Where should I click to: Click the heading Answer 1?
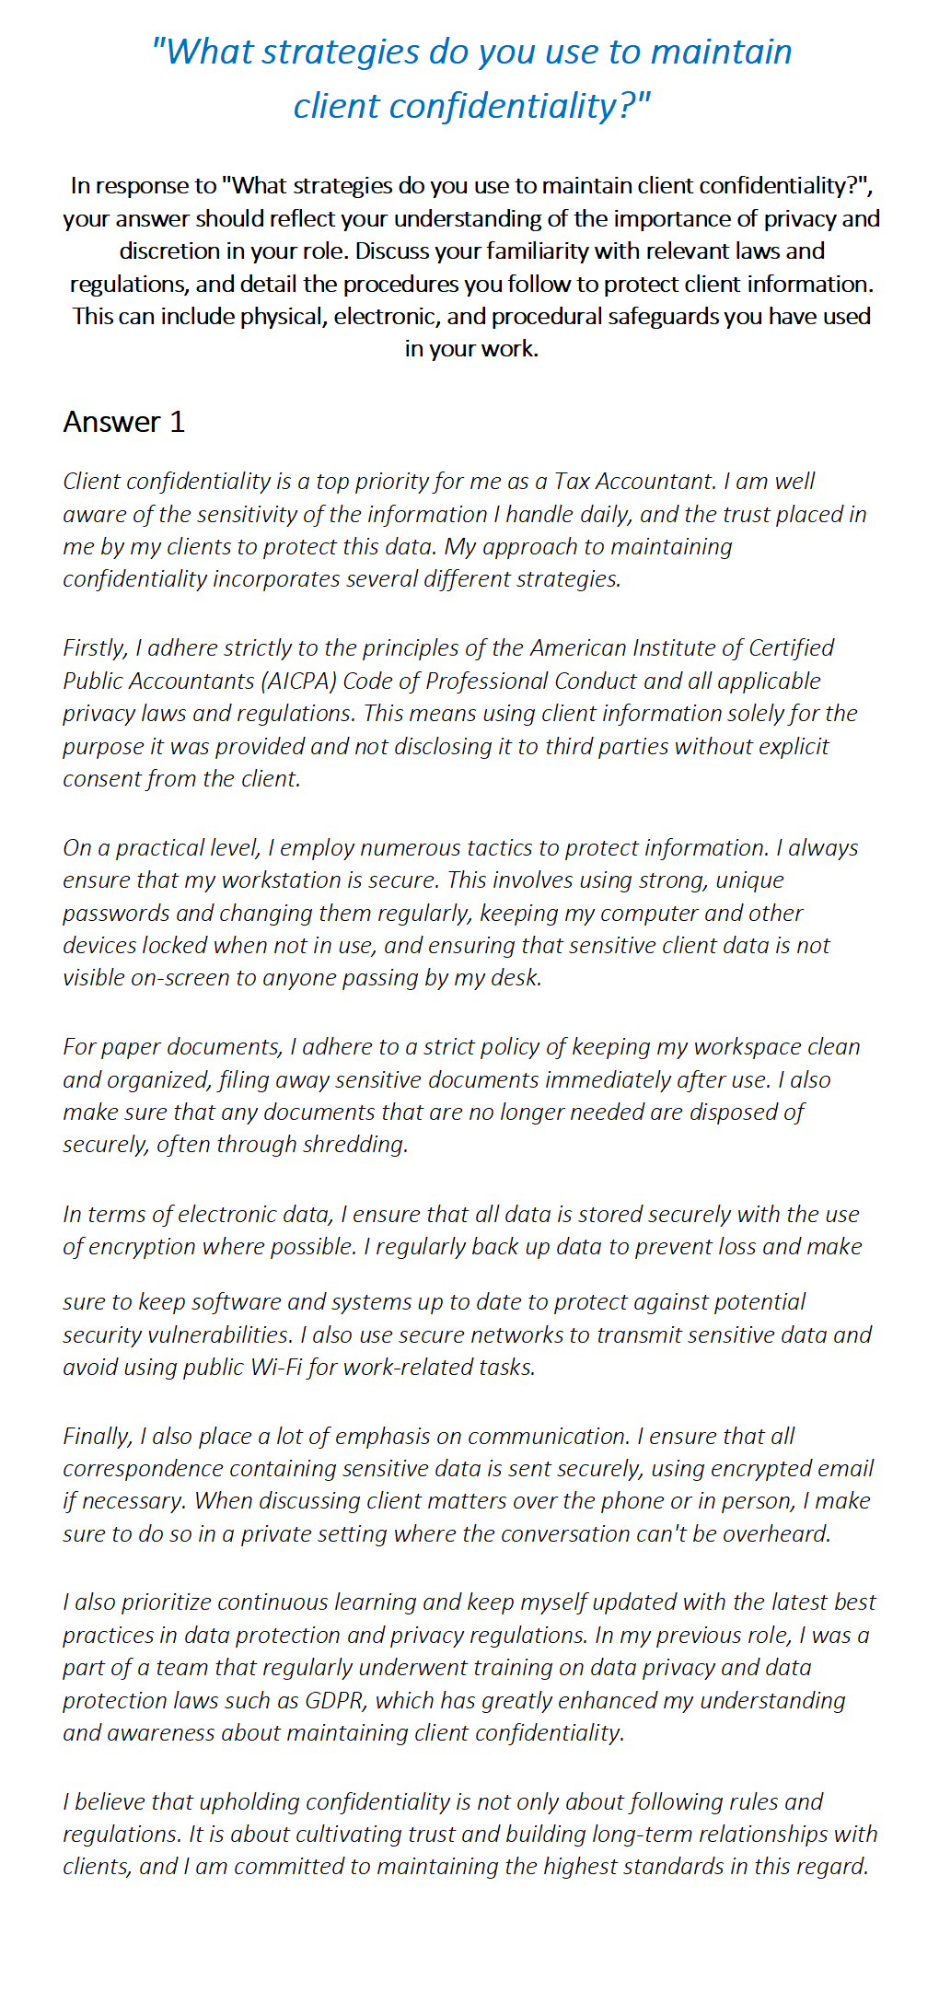124,422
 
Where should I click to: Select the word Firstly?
95,648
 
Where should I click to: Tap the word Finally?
98,1436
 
